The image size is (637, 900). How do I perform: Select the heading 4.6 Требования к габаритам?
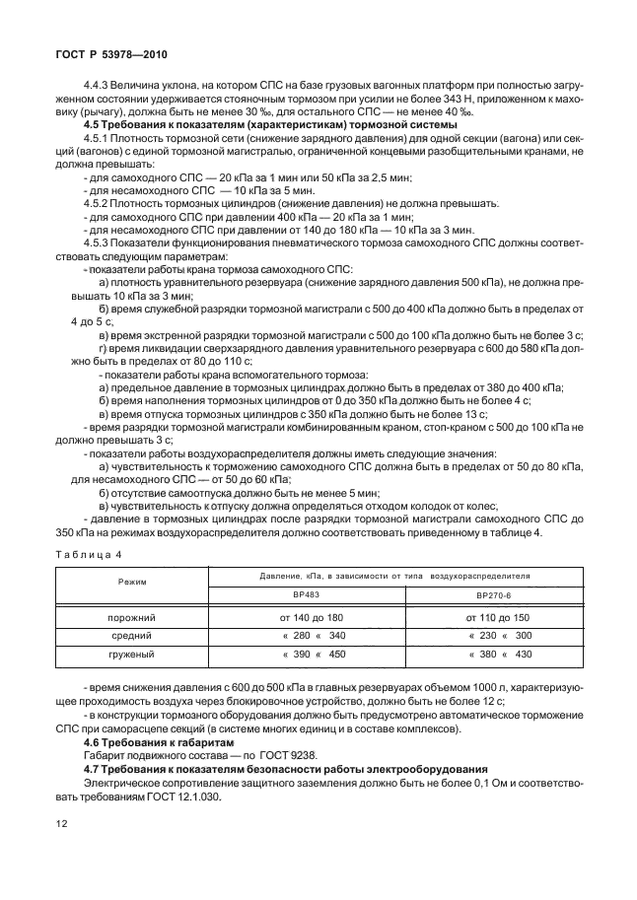tap(161, 738)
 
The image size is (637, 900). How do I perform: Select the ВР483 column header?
tap(307, 594)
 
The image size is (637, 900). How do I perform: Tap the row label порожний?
tap(132, 616)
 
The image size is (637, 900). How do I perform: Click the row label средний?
tap(132, 634)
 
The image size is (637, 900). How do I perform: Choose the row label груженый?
tap(132, 653)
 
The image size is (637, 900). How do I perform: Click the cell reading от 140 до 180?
tap(308, 616)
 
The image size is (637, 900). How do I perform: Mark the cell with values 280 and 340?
tap(308, 634)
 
